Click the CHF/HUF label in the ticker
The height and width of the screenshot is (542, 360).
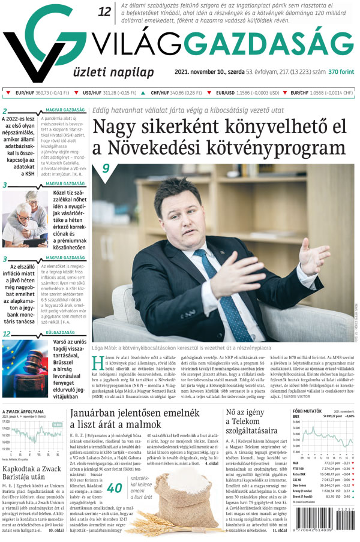[x=160, y=93]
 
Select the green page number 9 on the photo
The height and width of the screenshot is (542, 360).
[x=106, y=169]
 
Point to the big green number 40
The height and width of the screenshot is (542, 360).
[x=114, y=488]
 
